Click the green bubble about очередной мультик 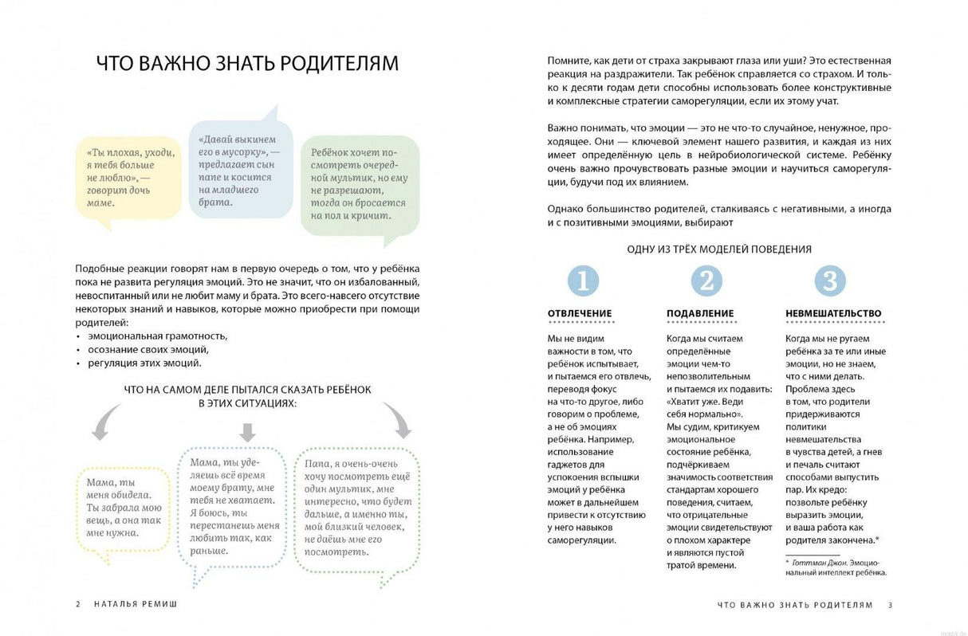point(360,184)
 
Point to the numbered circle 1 point(583,281)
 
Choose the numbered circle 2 point(706,281)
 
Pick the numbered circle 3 point(830,281)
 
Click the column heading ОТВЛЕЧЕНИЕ point(580,313)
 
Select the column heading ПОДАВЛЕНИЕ point(700,313)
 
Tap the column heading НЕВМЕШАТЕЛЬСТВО point(833,313)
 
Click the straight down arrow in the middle point(248,431)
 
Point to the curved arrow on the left point(106,422)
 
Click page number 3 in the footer point(891,605)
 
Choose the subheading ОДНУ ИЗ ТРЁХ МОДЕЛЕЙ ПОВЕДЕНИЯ point(719,249)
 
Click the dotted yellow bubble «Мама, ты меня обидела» point(123,508)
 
